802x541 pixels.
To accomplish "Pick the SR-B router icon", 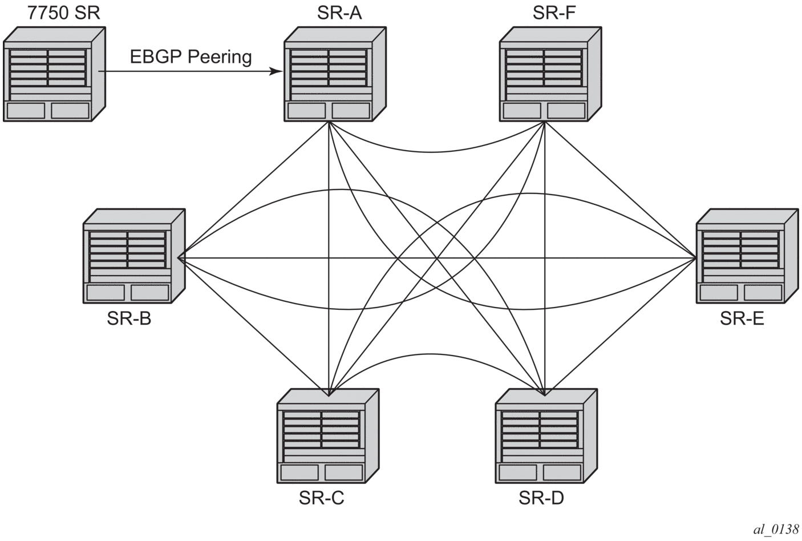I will [133, 256].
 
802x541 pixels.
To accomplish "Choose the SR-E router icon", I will [746, 256].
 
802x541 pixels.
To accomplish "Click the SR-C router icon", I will [327, 436].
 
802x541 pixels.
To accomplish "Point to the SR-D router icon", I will [546, 436].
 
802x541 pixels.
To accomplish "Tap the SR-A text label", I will [339, 13].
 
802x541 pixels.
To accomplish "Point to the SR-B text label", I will [129, 318].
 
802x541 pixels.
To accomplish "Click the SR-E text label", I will [742, 318].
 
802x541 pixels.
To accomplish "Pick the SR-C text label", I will [321, 498].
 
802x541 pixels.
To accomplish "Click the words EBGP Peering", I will [191, 56].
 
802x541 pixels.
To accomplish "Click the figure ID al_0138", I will [776, 530].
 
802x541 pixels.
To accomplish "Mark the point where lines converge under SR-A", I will [329, 122].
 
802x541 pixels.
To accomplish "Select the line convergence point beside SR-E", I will [696, 258].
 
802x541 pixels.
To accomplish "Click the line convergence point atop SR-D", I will [545, 394].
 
